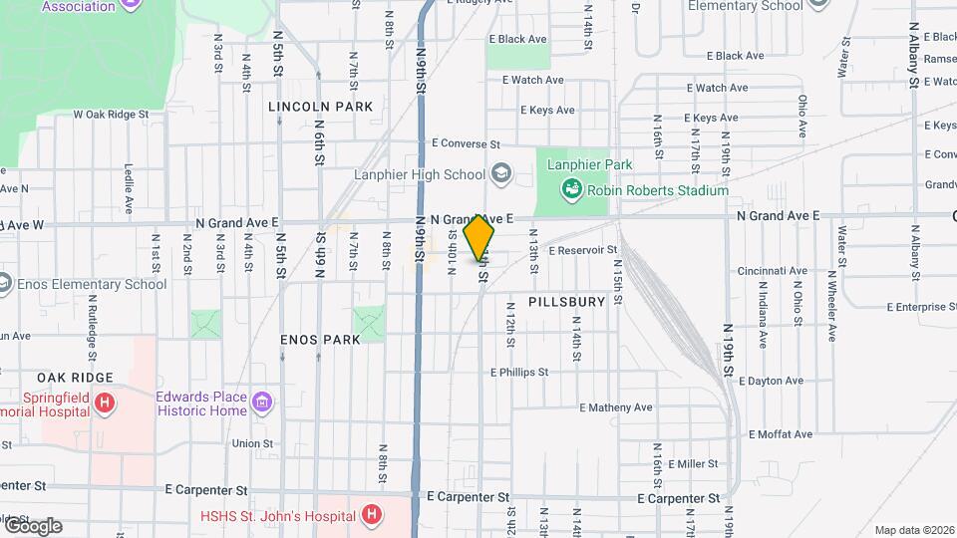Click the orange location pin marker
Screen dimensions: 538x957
479,237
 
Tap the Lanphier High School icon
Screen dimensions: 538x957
501,174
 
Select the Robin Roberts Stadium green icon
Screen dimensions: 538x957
571,188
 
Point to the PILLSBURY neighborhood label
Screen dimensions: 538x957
566,301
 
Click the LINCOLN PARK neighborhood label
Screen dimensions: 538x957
321,106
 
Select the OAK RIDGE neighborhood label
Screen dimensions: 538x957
76,378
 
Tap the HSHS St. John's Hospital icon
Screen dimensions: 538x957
371,515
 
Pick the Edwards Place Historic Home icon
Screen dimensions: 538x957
262,403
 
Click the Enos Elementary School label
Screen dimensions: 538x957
92,284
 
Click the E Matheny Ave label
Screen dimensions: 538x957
615,407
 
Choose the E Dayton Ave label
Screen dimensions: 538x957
774,381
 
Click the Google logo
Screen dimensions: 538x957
32,525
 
